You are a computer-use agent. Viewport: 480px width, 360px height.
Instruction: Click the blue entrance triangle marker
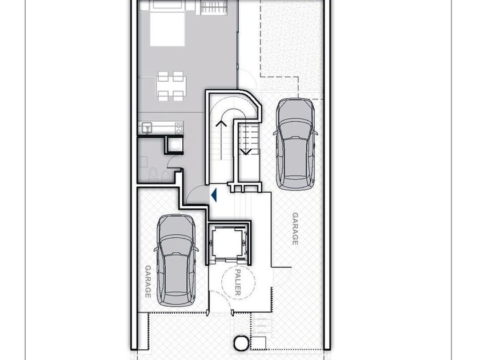point(214,195)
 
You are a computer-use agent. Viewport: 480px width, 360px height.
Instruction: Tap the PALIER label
point(238,282)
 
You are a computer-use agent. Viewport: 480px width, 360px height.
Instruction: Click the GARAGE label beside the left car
point(148,281)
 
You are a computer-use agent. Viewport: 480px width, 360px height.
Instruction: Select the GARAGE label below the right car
point(295,229)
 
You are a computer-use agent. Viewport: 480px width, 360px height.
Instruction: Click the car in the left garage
point(176,261)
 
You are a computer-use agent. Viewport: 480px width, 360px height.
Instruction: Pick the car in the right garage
point(295,144)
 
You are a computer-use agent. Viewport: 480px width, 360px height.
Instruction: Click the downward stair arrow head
point(245,152)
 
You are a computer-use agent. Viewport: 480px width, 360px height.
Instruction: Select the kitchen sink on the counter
point(147,127)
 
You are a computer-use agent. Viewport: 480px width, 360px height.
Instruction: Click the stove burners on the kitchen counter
point(178,128)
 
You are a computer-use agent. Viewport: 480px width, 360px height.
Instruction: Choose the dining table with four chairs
point(171,86)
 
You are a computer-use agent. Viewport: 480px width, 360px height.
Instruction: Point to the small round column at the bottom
point(241,343)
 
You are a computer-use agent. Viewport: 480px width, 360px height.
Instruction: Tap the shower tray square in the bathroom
point(174,145)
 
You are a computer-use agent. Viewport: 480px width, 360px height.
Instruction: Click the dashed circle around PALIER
point(238,282)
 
